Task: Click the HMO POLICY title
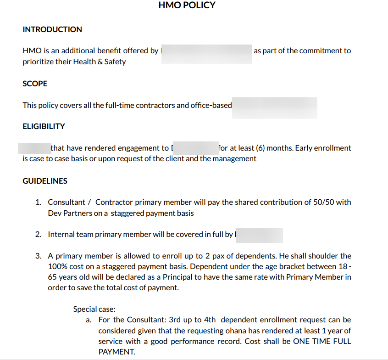187,6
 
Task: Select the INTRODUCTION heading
52,29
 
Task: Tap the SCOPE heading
35,84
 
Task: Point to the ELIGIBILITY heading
44,126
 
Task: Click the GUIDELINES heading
45,181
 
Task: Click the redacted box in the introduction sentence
206,54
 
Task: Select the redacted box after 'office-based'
274,108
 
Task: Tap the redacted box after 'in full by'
259,235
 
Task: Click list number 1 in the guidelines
39,202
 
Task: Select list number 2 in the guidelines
39,234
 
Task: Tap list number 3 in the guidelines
39,256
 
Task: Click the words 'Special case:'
94,309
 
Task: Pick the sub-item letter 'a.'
89,320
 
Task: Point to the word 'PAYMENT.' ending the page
116,352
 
